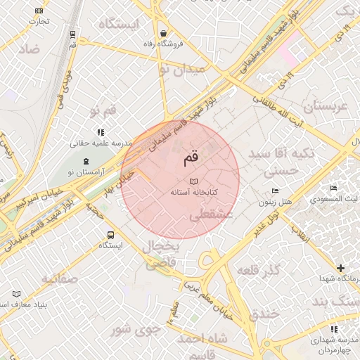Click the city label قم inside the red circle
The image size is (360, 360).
click(191, 158)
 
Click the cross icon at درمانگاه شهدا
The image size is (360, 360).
click(341, 268)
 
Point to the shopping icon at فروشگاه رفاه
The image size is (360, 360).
click(163, 33)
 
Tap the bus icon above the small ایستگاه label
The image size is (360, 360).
click(110, 235)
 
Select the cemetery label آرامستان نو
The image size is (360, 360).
click(90, 172)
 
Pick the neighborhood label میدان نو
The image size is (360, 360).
click(181, 70)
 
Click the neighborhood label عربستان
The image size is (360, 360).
click(325, 107)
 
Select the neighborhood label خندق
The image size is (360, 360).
click(264, 314)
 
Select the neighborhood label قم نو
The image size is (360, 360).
click(102, 110)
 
